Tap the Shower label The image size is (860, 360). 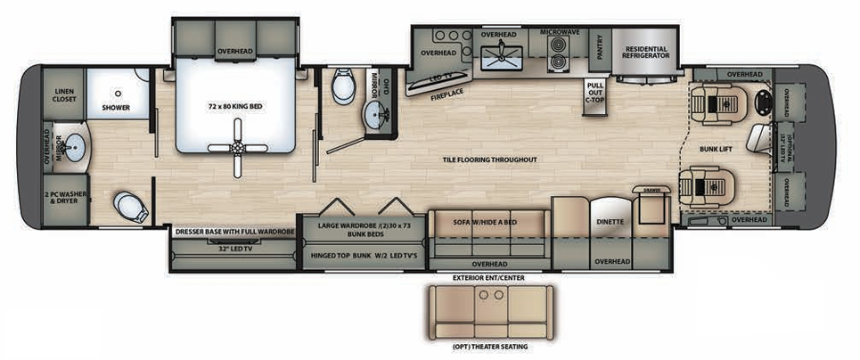coord(116,108)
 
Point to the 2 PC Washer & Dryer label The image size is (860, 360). coord(62,197)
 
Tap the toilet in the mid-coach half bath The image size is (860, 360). coord(342,87)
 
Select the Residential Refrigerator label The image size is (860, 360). coord(647,53)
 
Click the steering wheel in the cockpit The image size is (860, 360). coord(764,102)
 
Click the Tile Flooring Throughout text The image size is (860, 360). coord(490,160)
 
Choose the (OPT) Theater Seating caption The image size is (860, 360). coord(490,346)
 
